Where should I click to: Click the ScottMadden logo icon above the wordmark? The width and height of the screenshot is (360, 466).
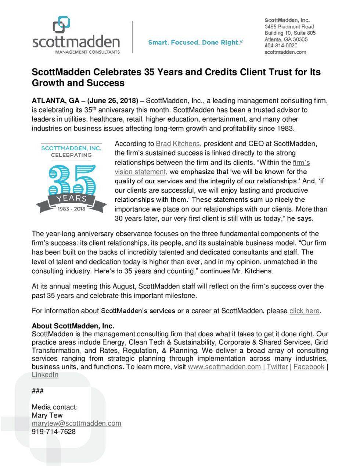[x=61, y=24]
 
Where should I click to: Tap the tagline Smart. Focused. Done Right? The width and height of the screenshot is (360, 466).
[x=195, y=43]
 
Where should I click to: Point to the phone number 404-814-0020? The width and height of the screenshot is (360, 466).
[x=281, y=46]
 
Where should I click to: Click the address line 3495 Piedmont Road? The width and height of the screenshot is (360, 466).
[x=289, y=26]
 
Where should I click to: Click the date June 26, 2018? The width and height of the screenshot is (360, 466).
[x=113, y=101]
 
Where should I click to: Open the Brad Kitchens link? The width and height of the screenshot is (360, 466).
[x=178, y=144]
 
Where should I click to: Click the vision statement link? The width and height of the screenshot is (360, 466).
[x=140, y=172]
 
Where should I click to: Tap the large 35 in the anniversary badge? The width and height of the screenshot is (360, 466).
[x=72, y=180]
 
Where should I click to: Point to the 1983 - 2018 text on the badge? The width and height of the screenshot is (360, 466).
[x=71, y=209]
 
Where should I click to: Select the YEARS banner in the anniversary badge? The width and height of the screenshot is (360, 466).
[x=71, y=198]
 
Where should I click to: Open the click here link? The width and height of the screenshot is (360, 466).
[x=304, y=311]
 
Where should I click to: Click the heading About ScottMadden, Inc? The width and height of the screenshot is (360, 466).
[x=73, y=326]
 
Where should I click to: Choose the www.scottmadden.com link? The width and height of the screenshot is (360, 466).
[x=224, y=367]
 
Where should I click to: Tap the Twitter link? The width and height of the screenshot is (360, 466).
[x=277, y=367]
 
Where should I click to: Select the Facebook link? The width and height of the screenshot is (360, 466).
[x=309, y=367]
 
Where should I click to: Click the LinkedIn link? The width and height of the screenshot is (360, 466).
[x=45, y=375]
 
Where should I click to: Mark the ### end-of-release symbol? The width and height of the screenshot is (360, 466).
[x=37, y=391]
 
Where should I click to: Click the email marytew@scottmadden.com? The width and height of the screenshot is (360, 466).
[x=76, y=423]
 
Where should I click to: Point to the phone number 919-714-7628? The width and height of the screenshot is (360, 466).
[x=54, y=431]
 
